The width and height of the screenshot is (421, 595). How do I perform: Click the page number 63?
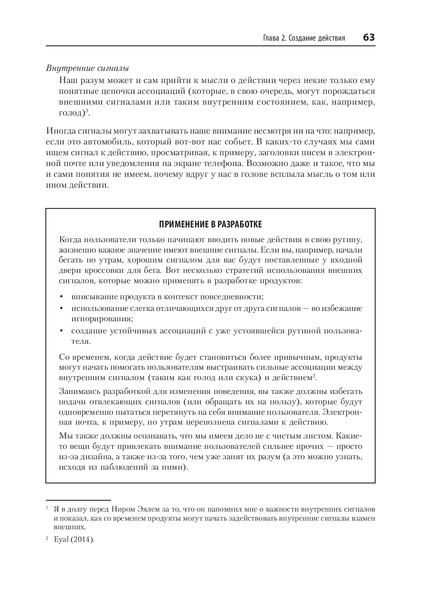tap(369, 38)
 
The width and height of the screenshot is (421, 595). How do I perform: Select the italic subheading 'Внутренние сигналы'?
tap(87, 69)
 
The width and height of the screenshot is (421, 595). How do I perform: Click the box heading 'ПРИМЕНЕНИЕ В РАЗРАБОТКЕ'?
tap(210, 224)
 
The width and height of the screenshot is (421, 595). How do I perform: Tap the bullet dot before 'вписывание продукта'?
tap(62, 297)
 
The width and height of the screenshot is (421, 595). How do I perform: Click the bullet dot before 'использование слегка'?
tap(62, 309)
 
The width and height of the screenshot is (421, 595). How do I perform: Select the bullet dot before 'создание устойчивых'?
tap(62, 331)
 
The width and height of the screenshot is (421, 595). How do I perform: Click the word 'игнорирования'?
tap(102, 319)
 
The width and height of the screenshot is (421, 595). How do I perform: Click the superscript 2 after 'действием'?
tap(314, 375)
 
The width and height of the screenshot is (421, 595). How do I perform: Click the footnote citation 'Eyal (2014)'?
tap(73, 540)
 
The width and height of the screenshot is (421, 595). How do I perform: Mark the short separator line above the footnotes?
tap(78, 500)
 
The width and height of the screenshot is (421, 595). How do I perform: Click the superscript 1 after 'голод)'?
tap(87, 111)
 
